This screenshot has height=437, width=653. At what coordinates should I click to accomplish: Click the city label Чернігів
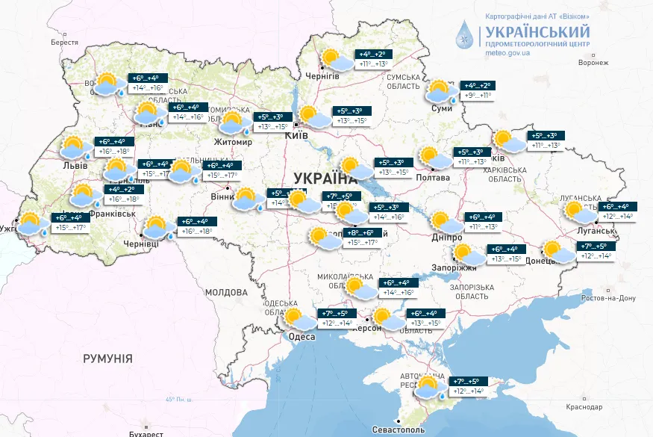coord(322,76)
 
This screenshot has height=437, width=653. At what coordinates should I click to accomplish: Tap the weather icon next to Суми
coord(440,91)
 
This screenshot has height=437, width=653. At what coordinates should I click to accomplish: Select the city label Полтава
coord(436,178)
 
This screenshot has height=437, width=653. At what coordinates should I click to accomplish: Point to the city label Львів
coord(75,165)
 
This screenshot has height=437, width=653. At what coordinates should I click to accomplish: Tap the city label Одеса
coord(301,337)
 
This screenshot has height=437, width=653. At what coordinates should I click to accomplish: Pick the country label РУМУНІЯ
coord(107,359)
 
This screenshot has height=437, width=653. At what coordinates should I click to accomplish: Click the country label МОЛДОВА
coord(225,291)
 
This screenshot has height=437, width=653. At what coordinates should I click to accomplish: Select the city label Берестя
coord(64,43)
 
